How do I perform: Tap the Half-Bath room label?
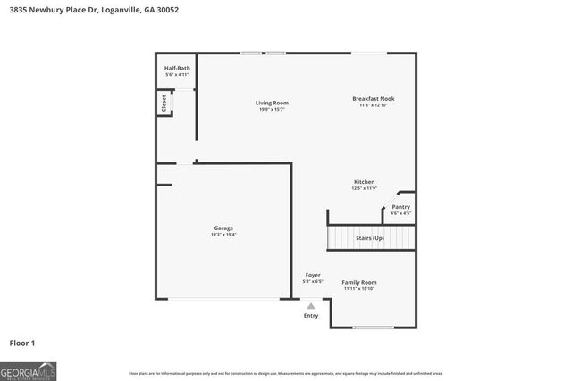pyautogui.click(x=177, y=69)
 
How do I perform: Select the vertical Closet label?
pyautogui.click(x=164, y=104)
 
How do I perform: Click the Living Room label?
pyautogui.click(x=273, y=103)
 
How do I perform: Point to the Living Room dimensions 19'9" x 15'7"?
pyautogui.click(x=273, y=110)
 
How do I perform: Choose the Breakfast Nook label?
pyautogui.click(x=373, y=99)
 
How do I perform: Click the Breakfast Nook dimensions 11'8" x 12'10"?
pyautogui.click(x=373, y=106)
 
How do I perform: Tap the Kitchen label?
pyautogui.click(x=364, y=182)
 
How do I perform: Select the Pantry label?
pyautogui.click(x=400, y=207)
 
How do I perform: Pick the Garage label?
pyautogui.click(x=223, y=228)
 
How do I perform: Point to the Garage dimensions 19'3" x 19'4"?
pyautogui.click(x=223, y=235)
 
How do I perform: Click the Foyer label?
pyautogui.click(x=313, y=275)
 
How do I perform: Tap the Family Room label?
pyautogui.click(x=359, y=282)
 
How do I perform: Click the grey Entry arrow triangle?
pyautogui.click(x=311, y=305)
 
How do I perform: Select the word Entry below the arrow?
pyautogui.click(x=311, y=315)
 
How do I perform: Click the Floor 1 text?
pyautogui.click(x=22, y=343)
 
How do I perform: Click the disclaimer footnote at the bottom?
pyautogui.click(x=285, y=373)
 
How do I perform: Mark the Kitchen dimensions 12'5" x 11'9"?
pyautogui.click(x=364, y=189)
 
